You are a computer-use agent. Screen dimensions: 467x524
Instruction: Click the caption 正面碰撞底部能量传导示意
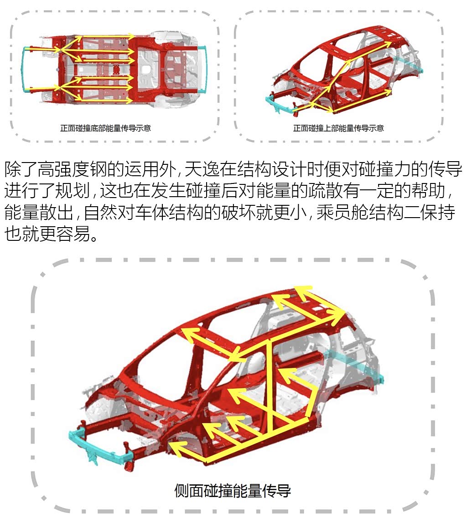pyautogui.click(x=105, y=128)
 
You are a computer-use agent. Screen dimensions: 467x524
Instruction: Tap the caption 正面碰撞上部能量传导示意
pyautogui.click(x=338, y=128)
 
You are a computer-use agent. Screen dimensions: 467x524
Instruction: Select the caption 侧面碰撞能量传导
pyautogui.click(x=233, y=491)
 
